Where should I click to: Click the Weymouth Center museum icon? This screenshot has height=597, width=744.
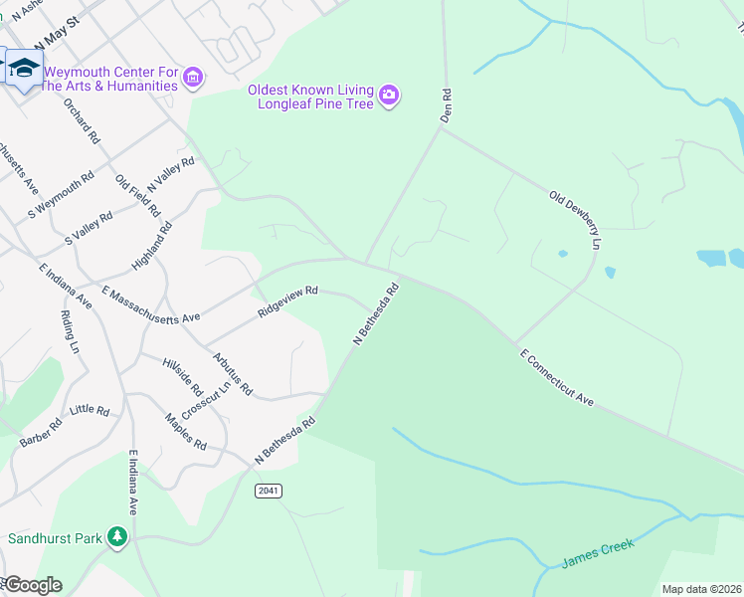pos(194,76)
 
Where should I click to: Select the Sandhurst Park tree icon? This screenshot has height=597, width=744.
pos(118,537)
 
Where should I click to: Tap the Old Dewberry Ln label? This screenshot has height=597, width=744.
pos(576,220)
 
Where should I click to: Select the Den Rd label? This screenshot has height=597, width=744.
pos(447,105)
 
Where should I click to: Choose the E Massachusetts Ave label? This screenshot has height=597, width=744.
pos(151,303)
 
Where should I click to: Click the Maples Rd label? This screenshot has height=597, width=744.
pos(186,431)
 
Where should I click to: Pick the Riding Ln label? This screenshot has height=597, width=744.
pos(70,332)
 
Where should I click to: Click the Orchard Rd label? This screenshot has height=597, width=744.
pos(82,120)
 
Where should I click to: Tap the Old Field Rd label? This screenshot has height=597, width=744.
pos(137,196)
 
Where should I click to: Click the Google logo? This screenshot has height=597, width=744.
pos(32,585)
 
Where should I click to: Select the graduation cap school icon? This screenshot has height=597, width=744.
pos(24,68)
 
